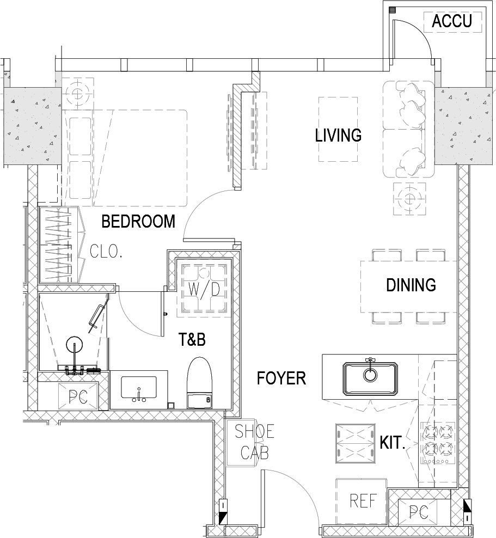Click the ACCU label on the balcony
[452, 21]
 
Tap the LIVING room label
[338, 135]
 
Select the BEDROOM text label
[138, 221]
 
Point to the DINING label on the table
[411, 285]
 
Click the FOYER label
[281, 378]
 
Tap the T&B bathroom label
[192, 339]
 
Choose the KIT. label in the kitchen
[393, 443]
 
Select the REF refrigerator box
[361, 501]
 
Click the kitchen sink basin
[370, 378]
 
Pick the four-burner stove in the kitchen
[437, 443]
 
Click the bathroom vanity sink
[139, 388]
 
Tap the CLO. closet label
[106, 252]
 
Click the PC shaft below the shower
[78, 396]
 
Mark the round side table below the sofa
[409, 199]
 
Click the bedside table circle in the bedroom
[78, 93]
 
